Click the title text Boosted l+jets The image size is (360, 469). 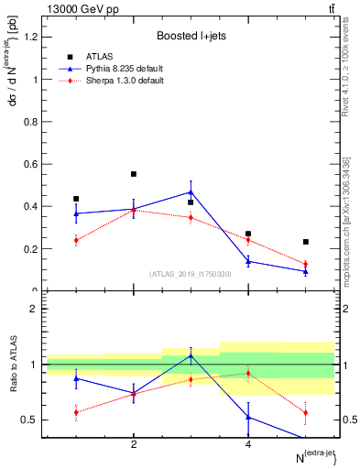click(191, 36)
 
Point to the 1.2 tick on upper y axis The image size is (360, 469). click(32, 37)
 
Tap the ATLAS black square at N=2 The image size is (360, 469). click(134, 174)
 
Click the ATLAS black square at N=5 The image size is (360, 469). click(305, 242)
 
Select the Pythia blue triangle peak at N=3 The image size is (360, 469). click(191, 192)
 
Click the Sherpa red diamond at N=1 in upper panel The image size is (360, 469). click(76, 240)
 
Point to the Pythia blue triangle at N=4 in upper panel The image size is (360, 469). click(248, 261)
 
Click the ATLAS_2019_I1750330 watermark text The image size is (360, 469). click(191, 274)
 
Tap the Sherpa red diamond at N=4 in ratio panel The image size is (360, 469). click(248, 373)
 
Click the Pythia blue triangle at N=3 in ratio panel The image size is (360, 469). click(191, 355)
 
